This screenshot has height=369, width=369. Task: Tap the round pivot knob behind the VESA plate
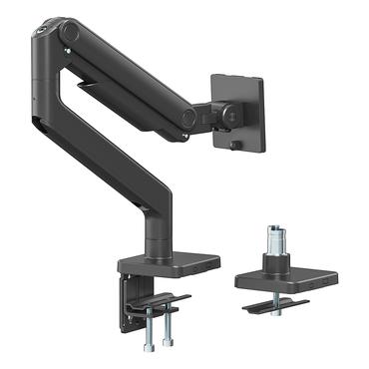(x=229, y=114)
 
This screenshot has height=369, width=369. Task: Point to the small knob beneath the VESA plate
(x=235, y=147)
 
